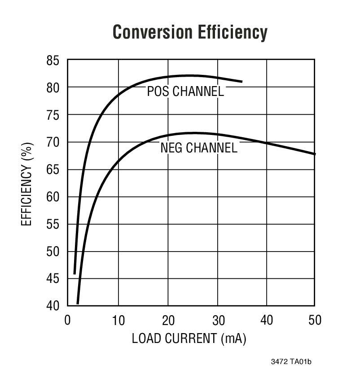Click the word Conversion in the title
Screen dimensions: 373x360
tap(150, 32)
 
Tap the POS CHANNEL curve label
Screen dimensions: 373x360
tap(185, 91)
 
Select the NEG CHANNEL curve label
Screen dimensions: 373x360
tap(198, 147)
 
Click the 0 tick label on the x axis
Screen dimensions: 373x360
tap(67, 321)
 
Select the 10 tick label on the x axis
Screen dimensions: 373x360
tap(118, 321)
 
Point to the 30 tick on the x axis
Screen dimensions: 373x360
tap(217, 321)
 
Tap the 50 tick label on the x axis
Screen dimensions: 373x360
tap(315, 321)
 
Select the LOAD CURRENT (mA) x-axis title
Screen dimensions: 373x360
tap(189, 338)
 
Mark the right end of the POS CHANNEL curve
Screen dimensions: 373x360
tap(241, 82)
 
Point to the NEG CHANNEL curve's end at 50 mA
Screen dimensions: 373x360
tap(314, 154)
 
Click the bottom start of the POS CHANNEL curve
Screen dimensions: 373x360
tap(75, 273)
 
